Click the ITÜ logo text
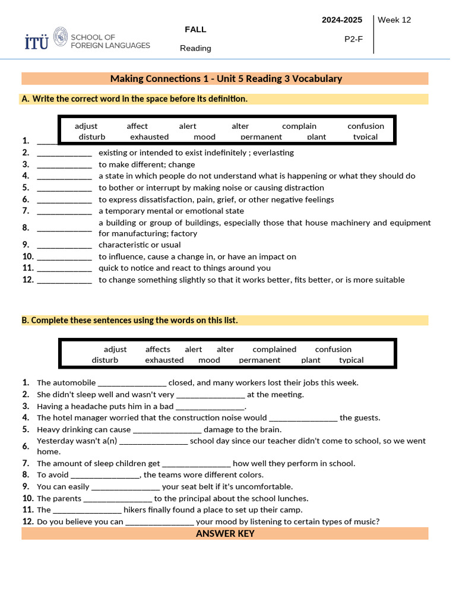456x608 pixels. [36, 42]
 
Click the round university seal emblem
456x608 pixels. [61, 37]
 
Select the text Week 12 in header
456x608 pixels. [394, 20]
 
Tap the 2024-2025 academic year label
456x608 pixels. [341, 20]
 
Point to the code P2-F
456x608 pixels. [353, 39]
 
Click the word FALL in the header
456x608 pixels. [195, 29]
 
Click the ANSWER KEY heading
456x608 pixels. [225, 533]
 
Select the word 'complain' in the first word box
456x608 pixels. [299, 126]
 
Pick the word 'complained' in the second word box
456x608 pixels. [274, 349]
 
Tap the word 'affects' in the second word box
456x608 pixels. [157, 349]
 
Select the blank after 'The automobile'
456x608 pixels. [132, 384]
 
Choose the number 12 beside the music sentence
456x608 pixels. [28, 522]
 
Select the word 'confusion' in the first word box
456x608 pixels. [366, 126]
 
